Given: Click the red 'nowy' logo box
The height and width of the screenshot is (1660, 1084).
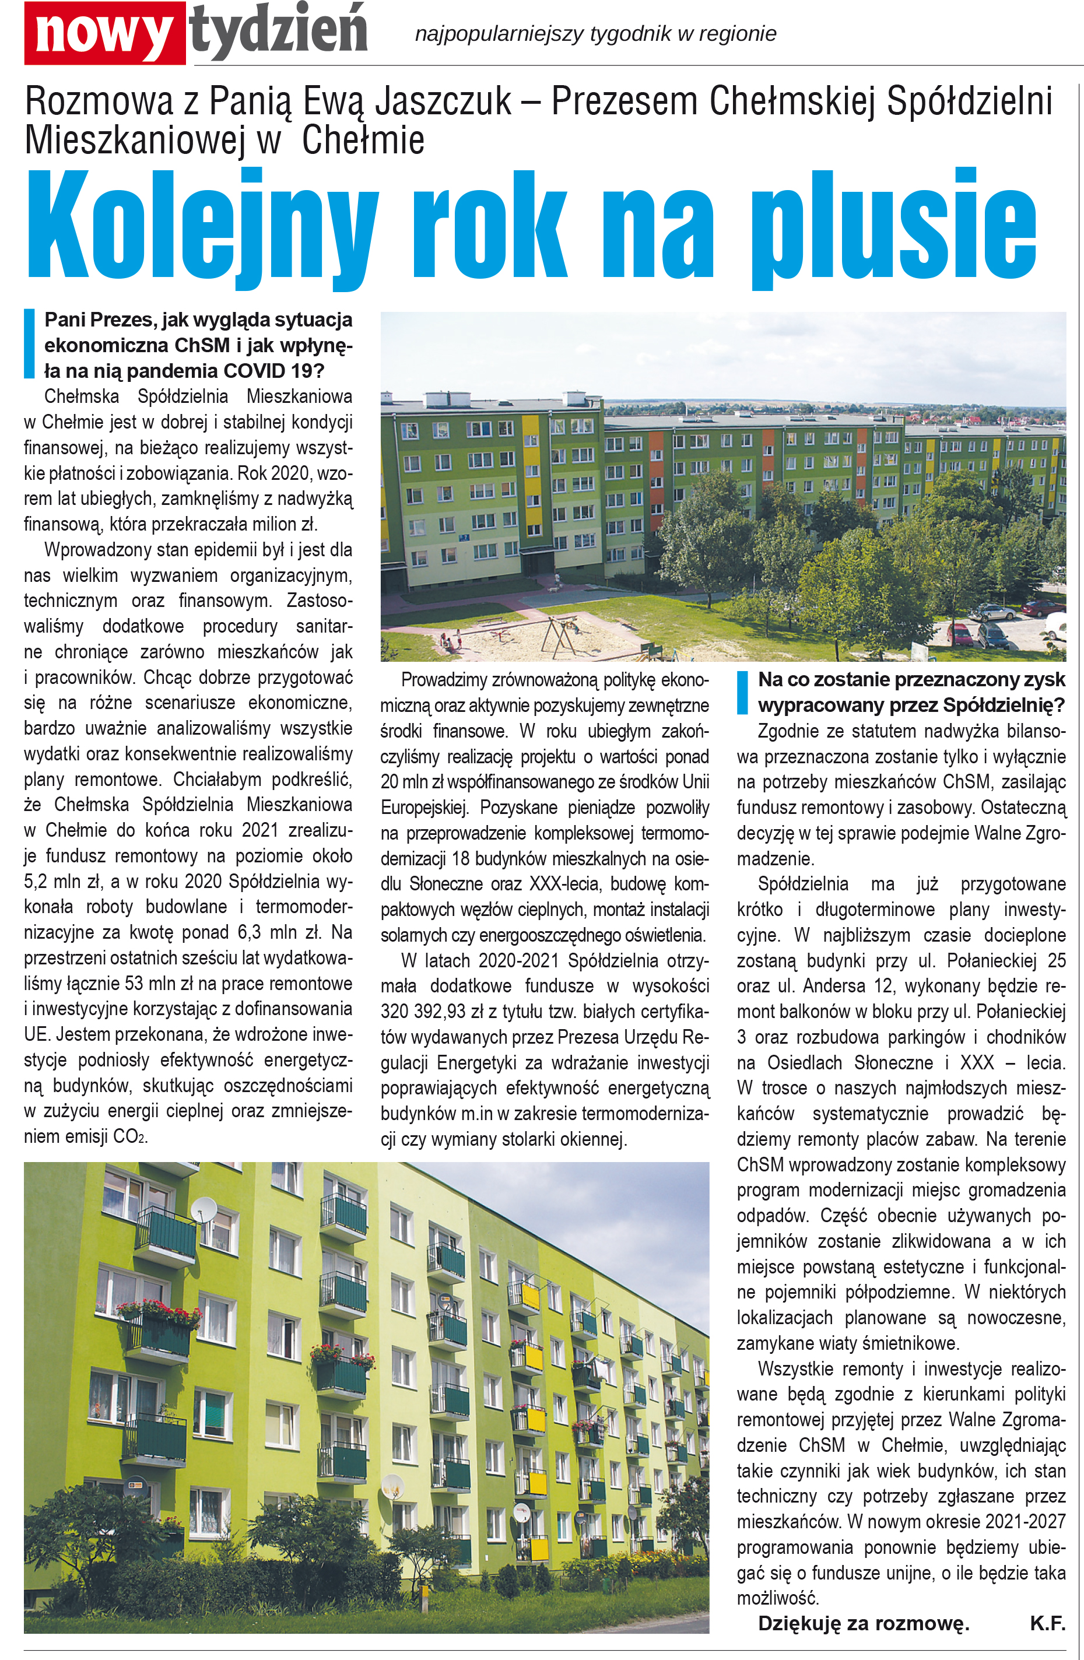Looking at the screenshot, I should coord(104,33).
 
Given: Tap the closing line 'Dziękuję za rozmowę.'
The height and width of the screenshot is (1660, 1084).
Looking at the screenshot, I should coord(864,1623).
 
